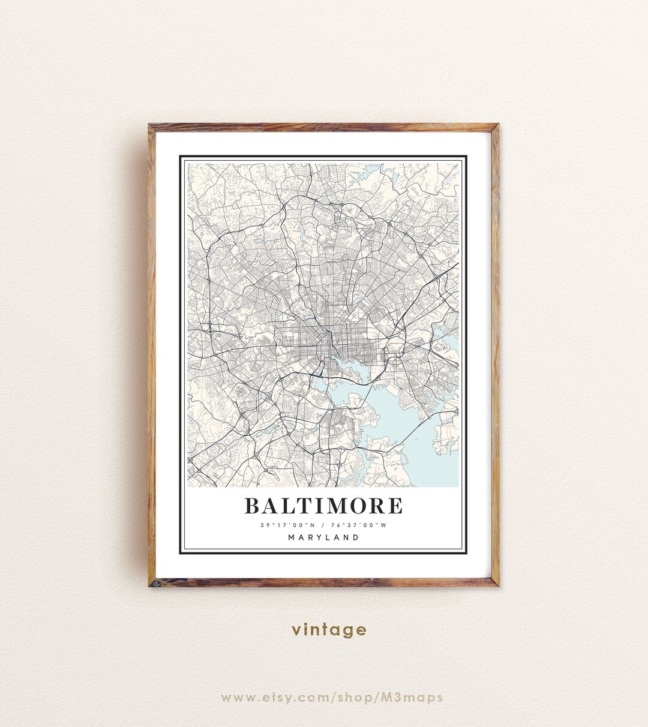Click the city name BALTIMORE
323,506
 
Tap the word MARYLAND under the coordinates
323,537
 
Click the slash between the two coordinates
323,525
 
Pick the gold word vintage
329,630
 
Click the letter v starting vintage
296,630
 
